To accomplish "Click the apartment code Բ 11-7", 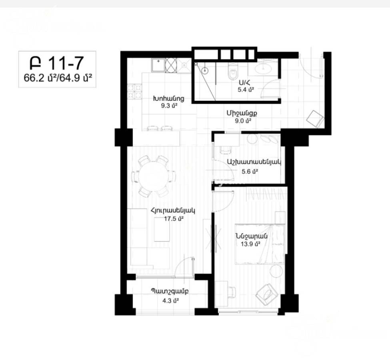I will [x=56, y=63].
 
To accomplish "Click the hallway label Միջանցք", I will [x=242, y=113].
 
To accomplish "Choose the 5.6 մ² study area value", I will [x=249, y=171].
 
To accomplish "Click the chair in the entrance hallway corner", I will [x=316, y=118].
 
